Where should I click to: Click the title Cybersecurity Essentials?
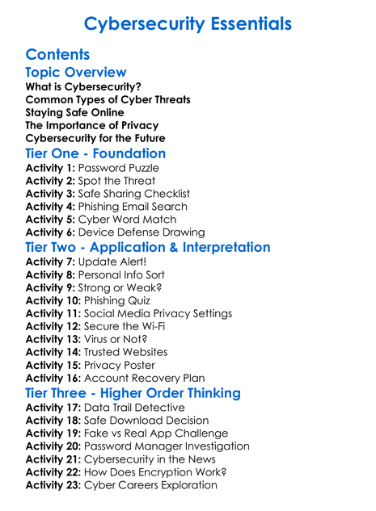point(188,23)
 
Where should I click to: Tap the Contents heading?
point(57,55)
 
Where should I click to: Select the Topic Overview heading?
point(76,73)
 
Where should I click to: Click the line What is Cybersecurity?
point(83,86)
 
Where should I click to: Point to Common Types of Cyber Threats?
point(108,99)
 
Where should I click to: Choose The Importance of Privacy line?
point(91,125)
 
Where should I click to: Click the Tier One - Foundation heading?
point(95,153)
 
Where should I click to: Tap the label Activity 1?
point(52,168)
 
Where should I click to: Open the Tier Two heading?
point(148,247)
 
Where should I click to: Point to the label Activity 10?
point(55,300)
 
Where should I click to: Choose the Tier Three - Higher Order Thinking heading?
point(133,393)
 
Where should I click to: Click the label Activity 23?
point(55,485)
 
